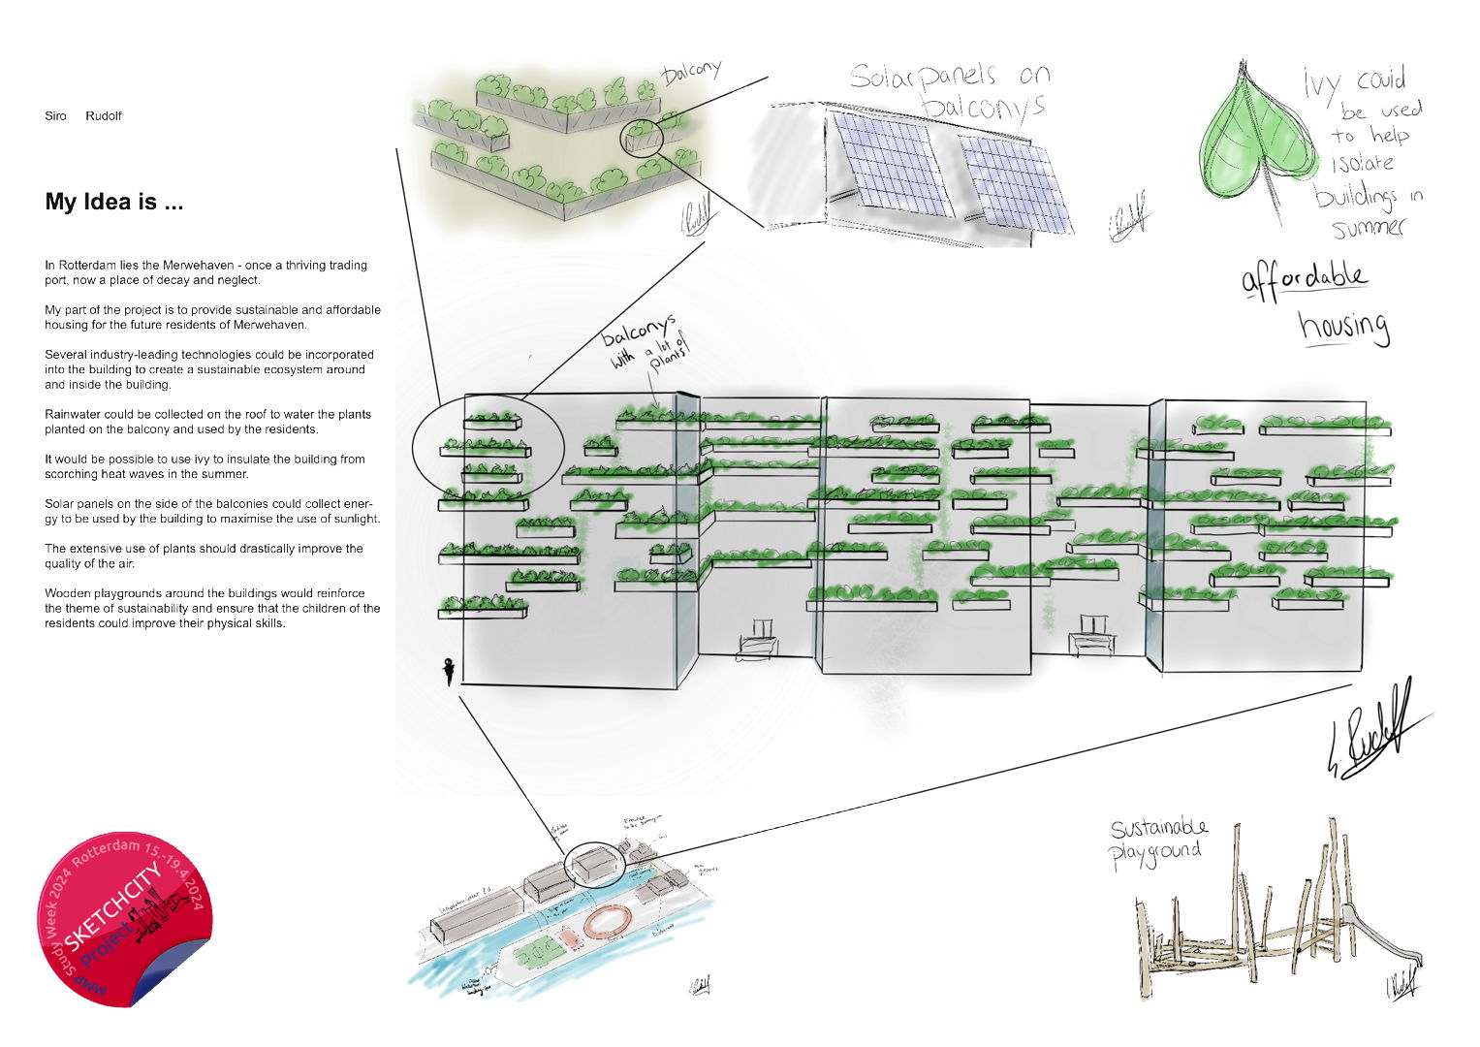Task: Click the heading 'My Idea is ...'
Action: coord(113,202)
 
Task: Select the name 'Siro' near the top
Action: coord(55,116)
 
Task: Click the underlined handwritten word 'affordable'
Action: coord(1305,280)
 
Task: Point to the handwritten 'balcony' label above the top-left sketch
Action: coord(692,72)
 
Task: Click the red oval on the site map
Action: coord(607,921)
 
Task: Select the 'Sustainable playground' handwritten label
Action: coord(1159,840)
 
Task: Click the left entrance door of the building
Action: coord(758,641)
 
